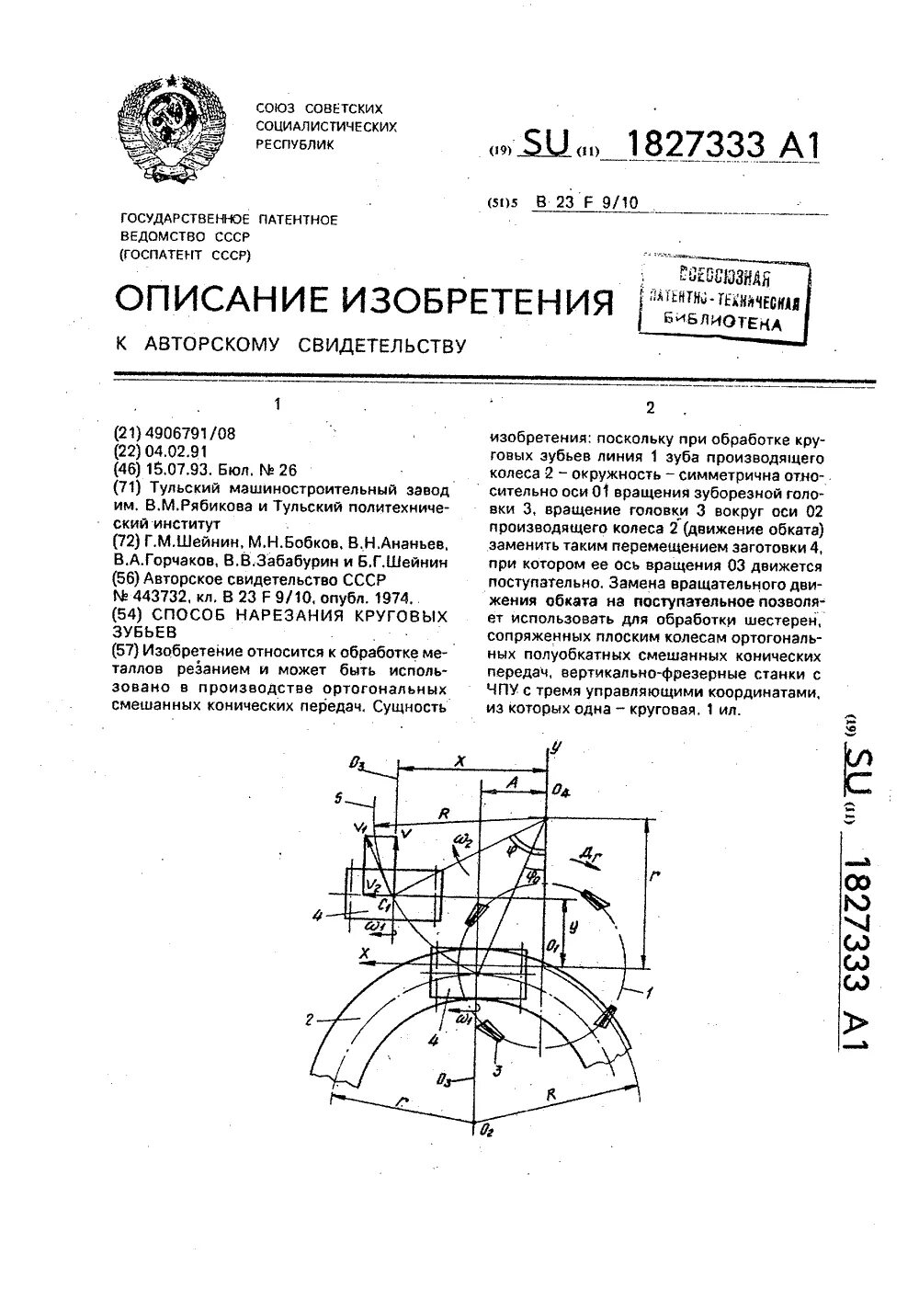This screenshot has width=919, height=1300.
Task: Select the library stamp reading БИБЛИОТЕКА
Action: point(723,322)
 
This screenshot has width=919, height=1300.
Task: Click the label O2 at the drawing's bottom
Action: point(486,1130)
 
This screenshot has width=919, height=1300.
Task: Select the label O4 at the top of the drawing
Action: point(562,791)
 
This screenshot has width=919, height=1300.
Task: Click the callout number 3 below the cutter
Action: point(497,1069)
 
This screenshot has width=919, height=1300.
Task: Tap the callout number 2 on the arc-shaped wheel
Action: point(310,1018)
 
